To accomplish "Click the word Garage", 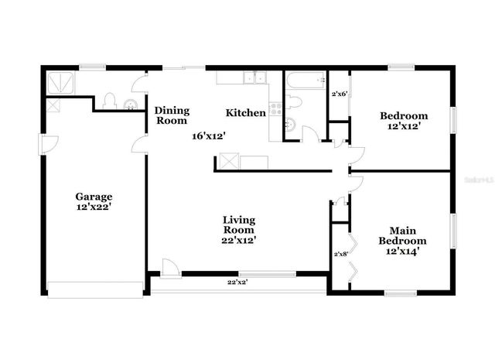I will pos(94,197).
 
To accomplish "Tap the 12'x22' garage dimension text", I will pos(94,207).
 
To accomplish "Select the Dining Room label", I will pos(171,115).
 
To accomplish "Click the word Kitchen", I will pos(246,113).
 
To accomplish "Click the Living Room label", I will pos(239,225).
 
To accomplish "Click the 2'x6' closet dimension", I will pos(339,94).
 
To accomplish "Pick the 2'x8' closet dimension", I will pos(341,253).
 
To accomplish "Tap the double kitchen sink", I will pos(253,77).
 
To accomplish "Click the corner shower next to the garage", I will pos(59,81).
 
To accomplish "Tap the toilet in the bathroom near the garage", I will pos(110,101).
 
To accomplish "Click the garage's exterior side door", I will pos(48,144).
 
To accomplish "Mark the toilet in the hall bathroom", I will pos(294,101).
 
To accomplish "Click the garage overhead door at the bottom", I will pos(95,289).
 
